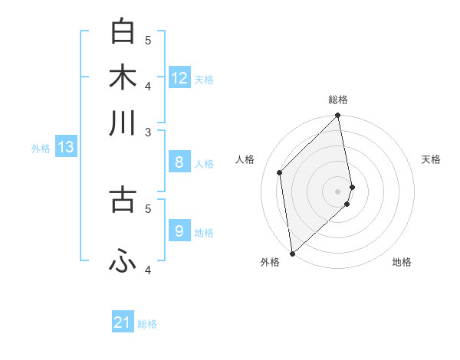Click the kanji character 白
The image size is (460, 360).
point(123,31)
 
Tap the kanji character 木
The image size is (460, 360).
point(123,77)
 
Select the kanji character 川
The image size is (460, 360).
point(123,123)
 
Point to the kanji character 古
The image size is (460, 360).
point(123,198)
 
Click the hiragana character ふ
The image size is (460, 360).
point(123,262)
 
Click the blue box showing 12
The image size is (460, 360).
point(179,77)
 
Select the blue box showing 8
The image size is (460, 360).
point(179,162)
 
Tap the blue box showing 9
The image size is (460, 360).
point(179,231)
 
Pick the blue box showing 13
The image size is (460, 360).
point(66,147)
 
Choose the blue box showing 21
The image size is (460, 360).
point(123,322)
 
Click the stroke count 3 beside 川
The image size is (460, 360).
point(149,131)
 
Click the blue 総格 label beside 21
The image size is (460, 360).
point(147,324)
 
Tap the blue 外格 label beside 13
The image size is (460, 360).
point(41,149)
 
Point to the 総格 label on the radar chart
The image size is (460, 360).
point(338,100)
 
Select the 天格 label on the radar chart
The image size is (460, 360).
point(431,159)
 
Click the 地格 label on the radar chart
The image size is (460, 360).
point(402,262)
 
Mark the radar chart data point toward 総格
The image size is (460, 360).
point(338,116)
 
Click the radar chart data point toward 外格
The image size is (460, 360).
point(292,254)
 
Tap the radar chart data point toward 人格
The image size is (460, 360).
point(280,172)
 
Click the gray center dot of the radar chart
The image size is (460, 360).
point(338,191)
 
